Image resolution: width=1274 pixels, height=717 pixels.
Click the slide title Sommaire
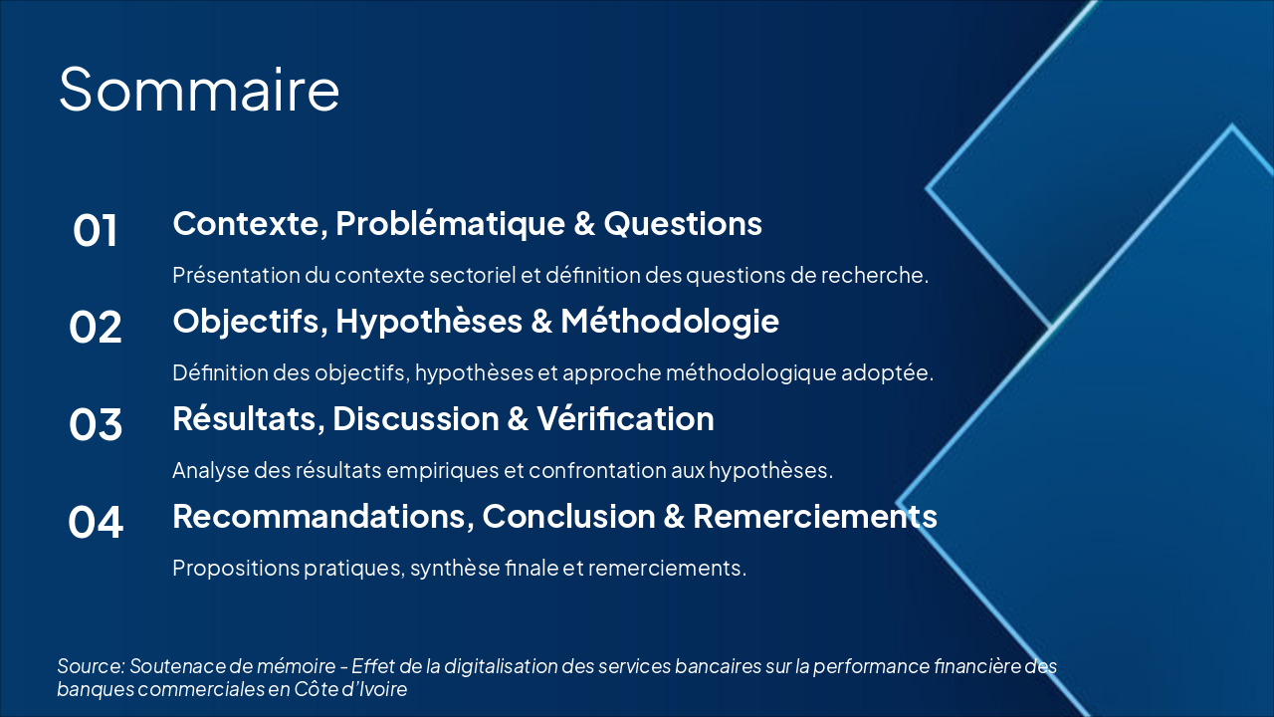point(199,89)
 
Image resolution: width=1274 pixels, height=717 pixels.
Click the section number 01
point(96,231)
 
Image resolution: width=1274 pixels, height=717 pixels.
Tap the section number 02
point(96,328)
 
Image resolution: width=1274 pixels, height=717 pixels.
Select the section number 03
point(96,425)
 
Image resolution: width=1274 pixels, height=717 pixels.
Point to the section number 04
point(96,523)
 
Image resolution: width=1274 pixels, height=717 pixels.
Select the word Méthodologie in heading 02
point(669,322)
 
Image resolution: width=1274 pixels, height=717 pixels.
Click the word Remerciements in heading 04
point(814,517)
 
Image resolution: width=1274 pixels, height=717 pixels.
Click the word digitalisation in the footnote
point(497,666)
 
